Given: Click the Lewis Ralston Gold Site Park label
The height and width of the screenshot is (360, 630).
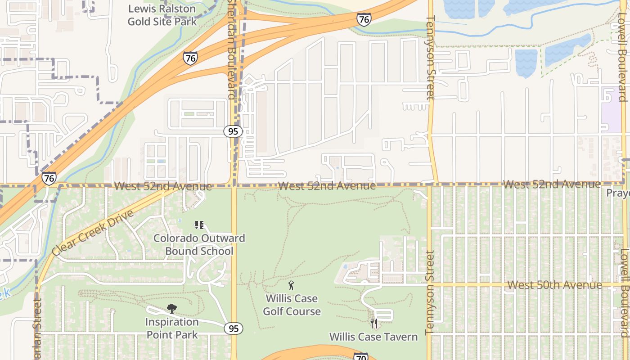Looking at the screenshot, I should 162,15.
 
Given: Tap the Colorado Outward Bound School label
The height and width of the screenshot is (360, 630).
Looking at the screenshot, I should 199,244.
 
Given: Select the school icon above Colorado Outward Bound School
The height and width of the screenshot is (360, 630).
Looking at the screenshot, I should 199,225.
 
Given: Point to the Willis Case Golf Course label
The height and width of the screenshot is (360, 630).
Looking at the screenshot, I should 292,305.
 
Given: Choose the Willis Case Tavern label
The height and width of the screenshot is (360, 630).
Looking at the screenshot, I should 373,337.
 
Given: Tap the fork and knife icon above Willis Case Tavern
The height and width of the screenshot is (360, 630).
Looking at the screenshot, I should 373,323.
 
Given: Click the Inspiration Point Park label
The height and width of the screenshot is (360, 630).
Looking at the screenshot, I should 171,328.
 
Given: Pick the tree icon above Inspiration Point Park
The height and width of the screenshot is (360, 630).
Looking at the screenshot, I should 171,309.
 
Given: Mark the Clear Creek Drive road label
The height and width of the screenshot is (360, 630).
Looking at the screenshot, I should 93,233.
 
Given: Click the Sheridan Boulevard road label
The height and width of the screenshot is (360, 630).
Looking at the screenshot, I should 231,49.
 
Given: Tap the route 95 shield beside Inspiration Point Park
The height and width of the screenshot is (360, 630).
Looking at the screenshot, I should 234,328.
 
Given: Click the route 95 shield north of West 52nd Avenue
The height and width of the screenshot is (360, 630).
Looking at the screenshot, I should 233,131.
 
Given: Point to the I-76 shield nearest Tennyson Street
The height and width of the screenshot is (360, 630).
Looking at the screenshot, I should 364,19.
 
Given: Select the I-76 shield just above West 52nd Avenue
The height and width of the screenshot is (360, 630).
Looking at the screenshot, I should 49,178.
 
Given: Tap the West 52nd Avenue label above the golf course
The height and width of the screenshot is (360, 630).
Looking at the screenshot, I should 327,185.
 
